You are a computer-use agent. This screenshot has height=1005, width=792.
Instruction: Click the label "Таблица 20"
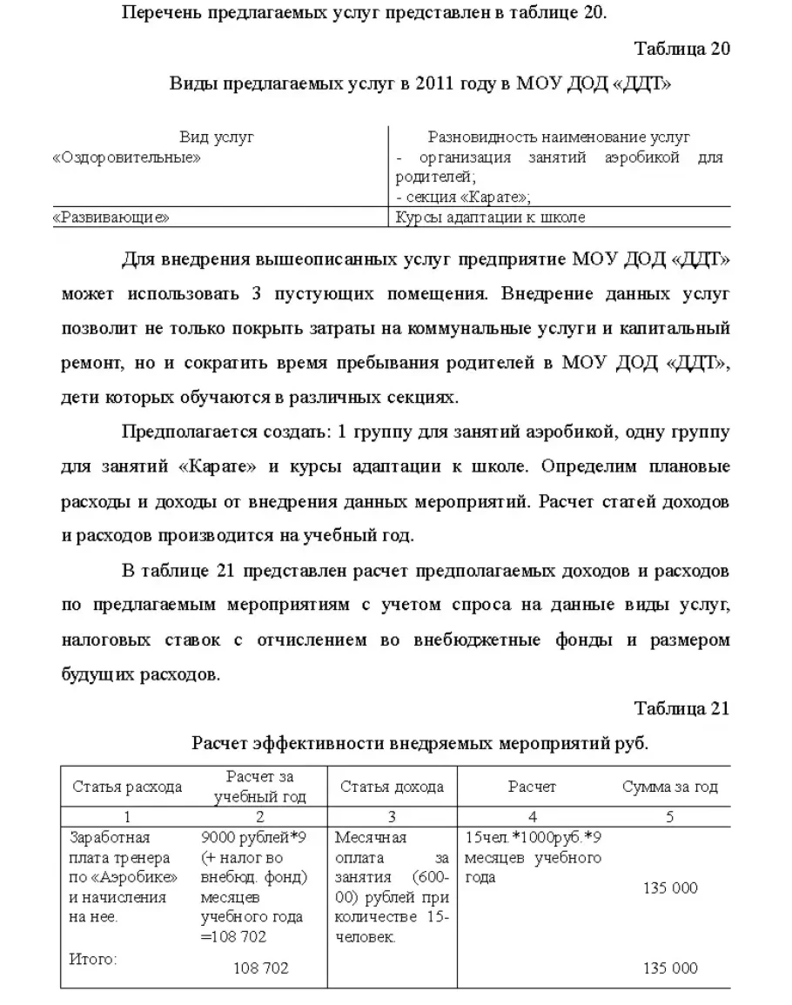click(681, 48)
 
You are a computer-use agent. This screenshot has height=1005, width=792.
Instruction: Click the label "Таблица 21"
click(681, 708)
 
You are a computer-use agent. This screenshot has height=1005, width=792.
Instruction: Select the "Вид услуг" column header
click(217, 137)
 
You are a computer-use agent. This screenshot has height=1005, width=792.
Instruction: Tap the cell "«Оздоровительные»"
click(127, 158)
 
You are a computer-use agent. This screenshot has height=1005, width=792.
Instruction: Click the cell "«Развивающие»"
click(111, 218)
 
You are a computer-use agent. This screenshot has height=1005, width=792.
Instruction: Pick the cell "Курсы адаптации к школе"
click(490, 218)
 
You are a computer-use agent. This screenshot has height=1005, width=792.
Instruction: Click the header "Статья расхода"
click(127, 787)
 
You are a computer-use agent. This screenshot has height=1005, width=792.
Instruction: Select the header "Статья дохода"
click(392, 787)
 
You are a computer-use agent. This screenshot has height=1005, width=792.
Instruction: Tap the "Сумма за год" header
click(670, 787)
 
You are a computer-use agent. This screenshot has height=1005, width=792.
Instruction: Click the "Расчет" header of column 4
click(532, 787)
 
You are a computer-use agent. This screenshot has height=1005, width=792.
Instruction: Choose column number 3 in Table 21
click(392, 816)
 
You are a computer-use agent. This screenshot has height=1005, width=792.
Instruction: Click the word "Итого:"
click(92, 960)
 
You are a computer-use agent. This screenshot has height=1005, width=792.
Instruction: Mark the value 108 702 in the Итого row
click(261, 968)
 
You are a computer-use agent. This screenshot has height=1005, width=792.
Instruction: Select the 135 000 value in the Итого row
click(670, 968)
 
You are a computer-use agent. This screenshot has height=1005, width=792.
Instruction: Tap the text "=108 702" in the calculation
click(233, 937)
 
